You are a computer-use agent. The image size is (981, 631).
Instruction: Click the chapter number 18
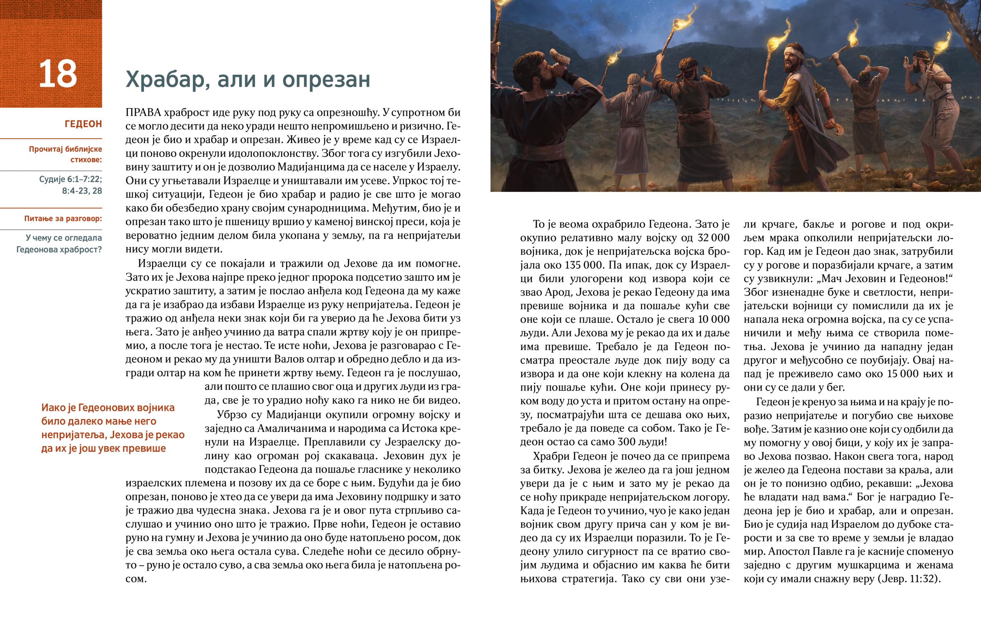pos(58,74)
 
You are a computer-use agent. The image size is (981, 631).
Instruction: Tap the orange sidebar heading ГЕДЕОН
pos(83,124)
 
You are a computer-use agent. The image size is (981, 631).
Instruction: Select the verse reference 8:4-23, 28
pos(82,191)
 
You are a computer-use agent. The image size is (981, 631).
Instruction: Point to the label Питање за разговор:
pos(63,219)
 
